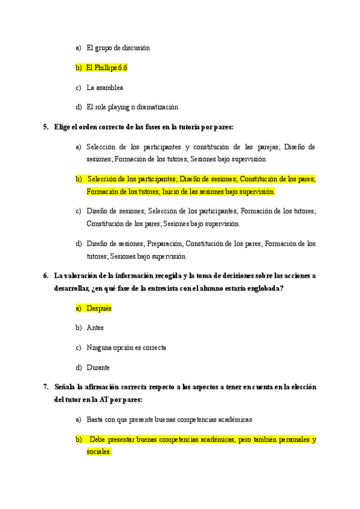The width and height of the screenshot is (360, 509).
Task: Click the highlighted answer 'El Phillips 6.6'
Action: (x=107, y=68)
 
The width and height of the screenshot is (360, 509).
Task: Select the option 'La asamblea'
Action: (x=105, y=88)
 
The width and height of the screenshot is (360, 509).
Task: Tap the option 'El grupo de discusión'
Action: (x=118, y=48)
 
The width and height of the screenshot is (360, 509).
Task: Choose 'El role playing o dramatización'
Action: (x=132, y=107)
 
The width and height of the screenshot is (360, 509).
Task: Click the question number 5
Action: (x=46, y=127)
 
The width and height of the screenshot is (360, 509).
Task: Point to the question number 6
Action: (x=46, y=276)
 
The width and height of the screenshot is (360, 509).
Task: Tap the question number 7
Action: (x=46, y=387)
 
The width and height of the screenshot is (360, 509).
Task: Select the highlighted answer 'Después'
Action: (x=99, y=308)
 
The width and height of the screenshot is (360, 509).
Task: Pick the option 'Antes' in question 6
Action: (x=95, y=328)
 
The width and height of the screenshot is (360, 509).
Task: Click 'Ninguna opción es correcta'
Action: (x=126, y=348)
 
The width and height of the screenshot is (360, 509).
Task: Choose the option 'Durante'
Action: (x=98, y=367)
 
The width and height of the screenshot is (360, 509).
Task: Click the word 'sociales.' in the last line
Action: (x=99, y=452)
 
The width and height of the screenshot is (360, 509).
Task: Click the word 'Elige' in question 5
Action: (x=63, y=127)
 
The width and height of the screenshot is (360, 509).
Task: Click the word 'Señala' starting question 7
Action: (x=65, y=387)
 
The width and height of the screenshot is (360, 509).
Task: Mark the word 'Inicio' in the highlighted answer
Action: (x=171, y=191)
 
